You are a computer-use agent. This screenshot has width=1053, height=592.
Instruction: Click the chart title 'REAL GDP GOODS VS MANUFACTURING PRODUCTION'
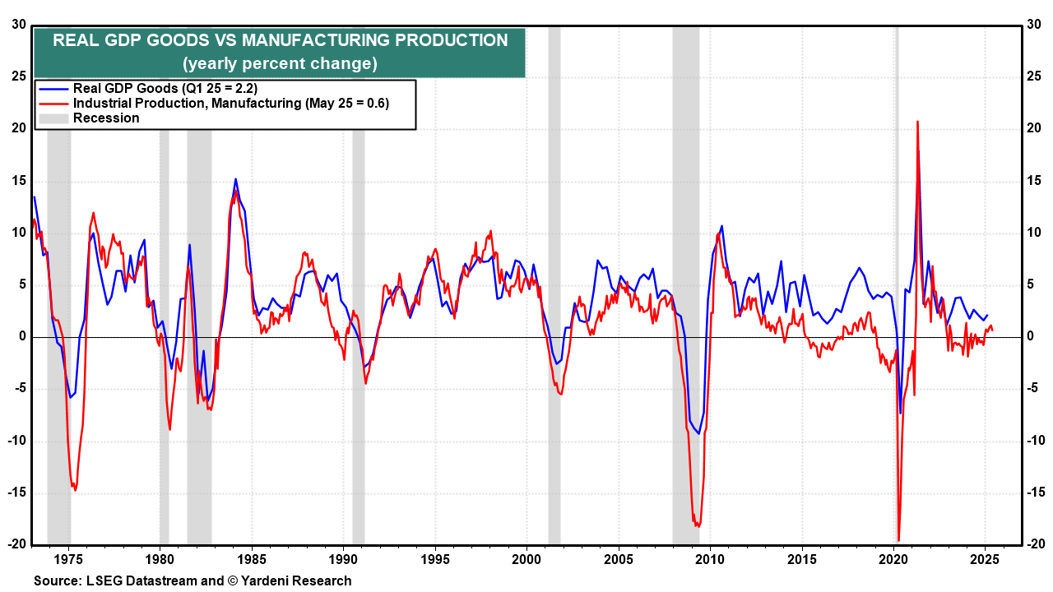pyautogui.click(x=280, y=40)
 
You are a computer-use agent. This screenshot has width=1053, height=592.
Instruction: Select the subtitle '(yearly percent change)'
pyautogui.click(x=280, y=63)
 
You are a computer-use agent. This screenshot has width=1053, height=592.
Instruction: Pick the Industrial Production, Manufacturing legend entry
pyautogui.click(x=230, y=103)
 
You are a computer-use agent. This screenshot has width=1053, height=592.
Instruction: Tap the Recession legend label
pyautogui.click(x=106, y=118)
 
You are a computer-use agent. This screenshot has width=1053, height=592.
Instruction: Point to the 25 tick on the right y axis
pyautogui.click(x=1035, y=76)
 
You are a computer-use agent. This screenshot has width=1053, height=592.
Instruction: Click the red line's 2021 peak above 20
pyautogui.click(x=917, y=122)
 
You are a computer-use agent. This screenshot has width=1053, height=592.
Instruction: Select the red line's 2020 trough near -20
pyautogui.click(x=899, y=539)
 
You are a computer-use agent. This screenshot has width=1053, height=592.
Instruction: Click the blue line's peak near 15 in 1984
pyautogui.click(x=235, y=179)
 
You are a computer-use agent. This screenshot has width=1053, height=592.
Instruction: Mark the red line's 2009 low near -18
pyautogui.click(x=698, y=525)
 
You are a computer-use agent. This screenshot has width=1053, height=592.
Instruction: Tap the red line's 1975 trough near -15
pyautogui.click(x=75, y=490)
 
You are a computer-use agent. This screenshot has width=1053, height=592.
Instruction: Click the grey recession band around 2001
pyautogui.click(x=554, y=247)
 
